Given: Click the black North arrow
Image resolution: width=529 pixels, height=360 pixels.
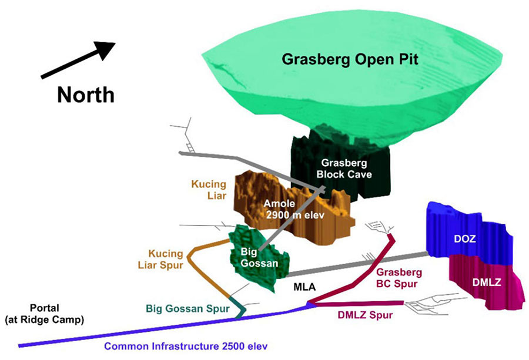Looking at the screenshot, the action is [x=78, y=60].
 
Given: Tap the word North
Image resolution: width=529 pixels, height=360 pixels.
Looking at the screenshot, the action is [x=86, y=95].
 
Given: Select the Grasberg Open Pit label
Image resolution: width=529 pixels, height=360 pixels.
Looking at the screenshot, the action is [x=350, y=59].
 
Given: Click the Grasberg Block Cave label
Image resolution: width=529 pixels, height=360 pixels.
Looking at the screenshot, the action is [x=344, y=169].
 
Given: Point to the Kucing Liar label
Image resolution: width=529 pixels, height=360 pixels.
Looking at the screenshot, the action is [x=209, y=190].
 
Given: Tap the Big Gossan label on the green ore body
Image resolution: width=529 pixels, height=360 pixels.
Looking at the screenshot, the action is [x=259, y=258].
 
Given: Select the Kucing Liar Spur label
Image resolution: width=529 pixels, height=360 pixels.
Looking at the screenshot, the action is [x=160, y=259].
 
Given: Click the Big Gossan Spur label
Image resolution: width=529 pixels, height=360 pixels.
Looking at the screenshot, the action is [x=188, y=308].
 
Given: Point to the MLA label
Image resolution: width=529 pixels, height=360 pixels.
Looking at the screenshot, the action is [x=304, y=287].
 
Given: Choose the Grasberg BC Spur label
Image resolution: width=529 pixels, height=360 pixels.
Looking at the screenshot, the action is [x=399, y=278].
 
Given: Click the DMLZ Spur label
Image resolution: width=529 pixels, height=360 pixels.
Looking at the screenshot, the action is [x=365, y=315].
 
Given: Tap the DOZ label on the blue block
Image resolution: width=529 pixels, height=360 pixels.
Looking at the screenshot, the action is [x=464, y=238].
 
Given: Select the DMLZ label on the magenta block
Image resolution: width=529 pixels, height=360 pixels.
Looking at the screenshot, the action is [x=487, y=282].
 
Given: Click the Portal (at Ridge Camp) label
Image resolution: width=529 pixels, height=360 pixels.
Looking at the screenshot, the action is [x=45, y=314].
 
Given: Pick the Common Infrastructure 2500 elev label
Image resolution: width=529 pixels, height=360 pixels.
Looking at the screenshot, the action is [x=186, y=346].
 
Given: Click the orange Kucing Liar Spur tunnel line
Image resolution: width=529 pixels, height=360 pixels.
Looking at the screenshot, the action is [x=193, y=266].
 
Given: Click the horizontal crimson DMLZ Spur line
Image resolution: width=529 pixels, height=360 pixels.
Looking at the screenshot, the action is [x=359, y=304].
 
